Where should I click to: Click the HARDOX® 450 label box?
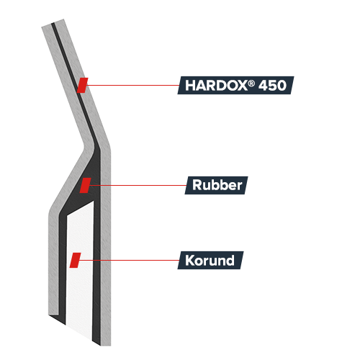[235, 85]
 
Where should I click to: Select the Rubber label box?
[216, 185]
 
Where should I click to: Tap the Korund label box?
[210, 260]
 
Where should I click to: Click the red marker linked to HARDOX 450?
[82, 85]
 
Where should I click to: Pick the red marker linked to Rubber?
[86, 185]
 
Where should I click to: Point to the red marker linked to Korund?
[75, 260]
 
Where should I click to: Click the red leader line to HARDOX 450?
[132, 85]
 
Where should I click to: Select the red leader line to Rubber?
[138, 185]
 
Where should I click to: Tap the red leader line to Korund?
[130, 260]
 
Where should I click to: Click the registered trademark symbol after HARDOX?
[251, 83]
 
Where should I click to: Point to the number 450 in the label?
[272, 86]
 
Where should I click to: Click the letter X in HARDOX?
[242, 86]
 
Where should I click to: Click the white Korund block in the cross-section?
[79, 266]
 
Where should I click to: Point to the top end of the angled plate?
[53, 23]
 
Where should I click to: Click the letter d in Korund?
[230, 260]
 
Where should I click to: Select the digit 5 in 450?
[272, 86]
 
